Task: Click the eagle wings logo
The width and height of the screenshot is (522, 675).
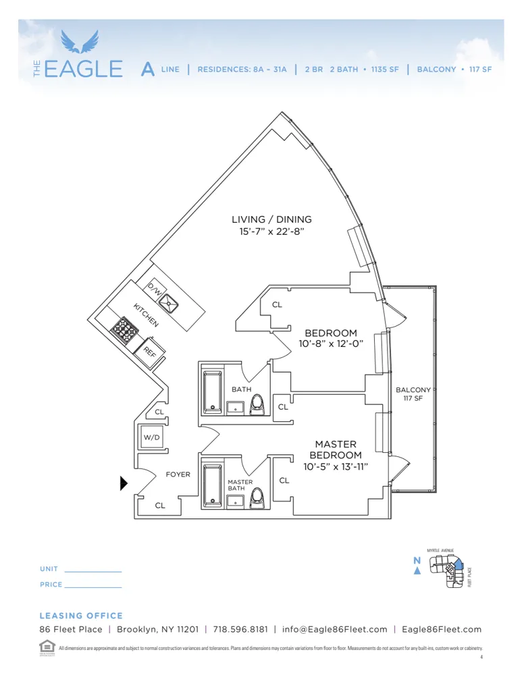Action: (x=79, y=41)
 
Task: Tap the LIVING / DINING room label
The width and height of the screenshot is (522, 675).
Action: (x=271, y=219)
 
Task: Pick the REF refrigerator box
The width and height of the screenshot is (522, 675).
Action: (x=149, y=351)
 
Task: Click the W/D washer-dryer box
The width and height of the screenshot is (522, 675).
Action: (x=151, y=437)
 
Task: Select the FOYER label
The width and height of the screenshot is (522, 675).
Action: (x=178, y=475)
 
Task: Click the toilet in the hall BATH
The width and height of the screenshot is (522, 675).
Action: (x=258, y=404)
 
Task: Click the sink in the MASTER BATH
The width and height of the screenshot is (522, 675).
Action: (x=236, y=500)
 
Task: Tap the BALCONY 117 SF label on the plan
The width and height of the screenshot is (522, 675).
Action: (x=413, y=394)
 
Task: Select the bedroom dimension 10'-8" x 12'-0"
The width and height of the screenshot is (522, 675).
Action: (x=331, y=344)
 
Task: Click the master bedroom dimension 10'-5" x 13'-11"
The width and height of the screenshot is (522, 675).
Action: (x=336, y=466)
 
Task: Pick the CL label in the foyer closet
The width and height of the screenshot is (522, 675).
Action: (x=160, y=505)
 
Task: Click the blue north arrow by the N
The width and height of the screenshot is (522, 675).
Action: (x=417, y=571)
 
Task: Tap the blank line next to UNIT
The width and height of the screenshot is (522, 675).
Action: (x=93, y=572)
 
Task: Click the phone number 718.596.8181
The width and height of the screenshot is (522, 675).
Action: (x=240, y=629)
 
